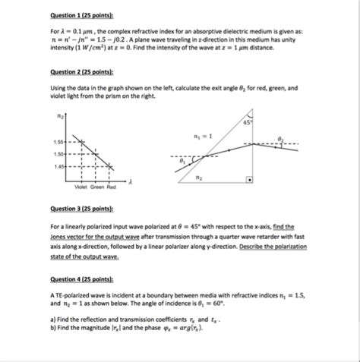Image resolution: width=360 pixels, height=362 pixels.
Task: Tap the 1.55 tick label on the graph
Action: [59, 142]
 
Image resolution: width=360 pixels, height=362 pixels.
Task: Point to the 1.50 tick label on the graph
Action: [59, 153]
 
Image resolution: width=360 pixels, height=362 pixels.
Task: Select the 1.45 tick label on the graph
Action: [59, 165]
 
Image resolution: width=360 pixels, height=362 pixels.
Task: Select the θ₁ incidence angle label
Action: [180, 161]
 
